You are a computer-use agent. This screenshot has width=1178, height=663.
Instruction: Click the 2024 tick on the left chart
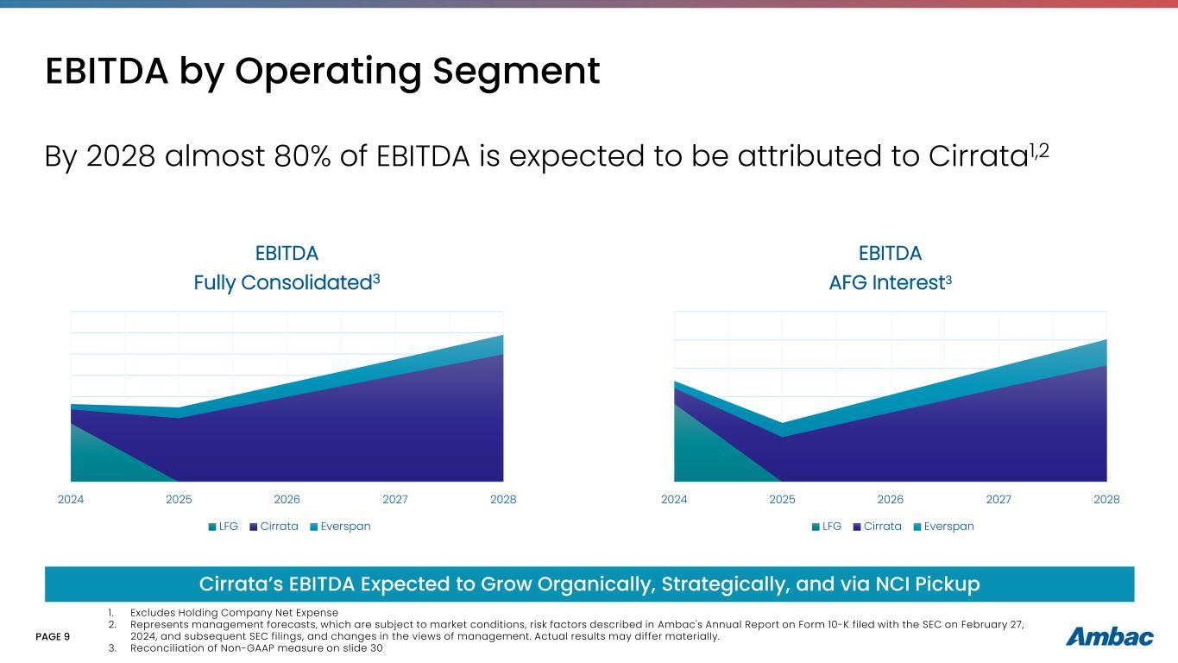point(71,499)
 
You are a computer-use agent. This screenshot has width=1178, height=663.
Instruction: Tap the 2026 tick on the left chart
point(287,499)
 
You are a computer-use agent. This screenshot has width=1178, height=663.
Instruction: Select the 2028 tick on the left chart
point(503,499)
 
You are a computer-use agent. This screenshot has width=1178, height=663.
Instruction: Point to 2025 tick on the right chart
point(782,499)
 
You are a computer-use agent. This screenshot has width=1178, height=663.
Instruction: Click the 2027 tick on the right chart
point(998,499)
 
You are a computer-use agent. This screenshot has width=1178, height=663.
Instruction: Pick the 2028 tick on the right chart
point(1106,499)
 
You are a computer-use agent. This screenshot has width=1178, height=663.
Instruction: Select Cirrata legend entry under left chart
point(274,527)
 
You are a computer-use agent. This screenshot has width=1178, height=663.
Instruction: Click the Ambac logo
point(1110,637)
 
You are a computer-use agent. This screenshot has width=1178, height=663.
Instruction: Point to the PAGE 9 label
point(53,636)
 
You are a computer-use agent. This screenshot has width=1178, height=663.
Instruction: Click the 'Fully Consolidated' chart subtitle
point(287,282)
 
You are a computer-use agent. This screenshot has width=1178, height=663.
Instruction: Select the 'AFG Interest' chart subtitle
point(890,282)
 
